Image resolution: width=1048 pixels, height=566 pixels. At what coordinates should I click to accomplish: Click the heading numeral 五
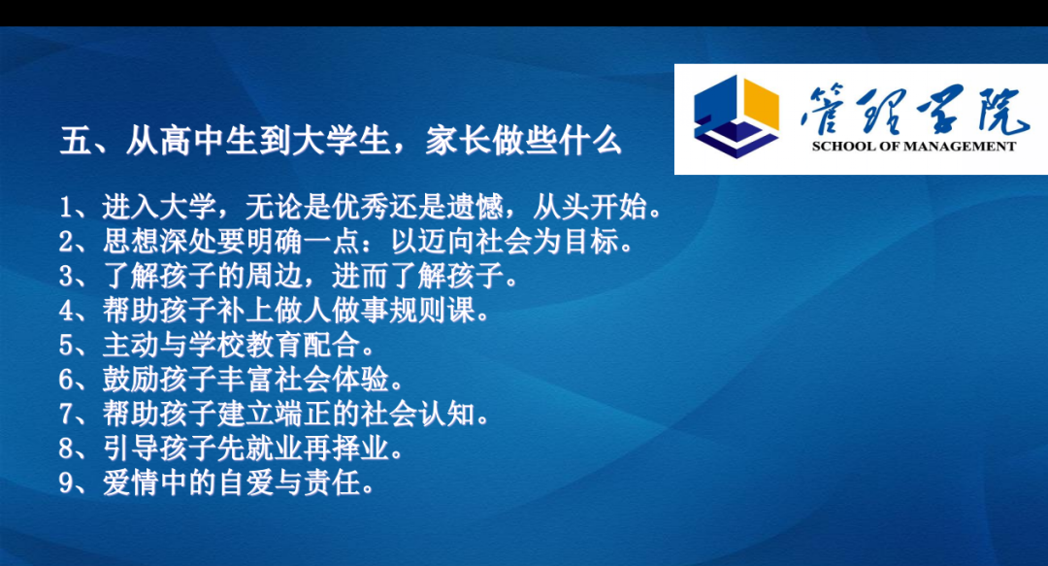pyautogui.click(x=76, y=141)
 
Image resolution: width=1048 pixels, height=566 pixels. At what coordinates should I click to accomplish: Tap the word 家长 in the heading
pyautogui.click(x=458, y=141)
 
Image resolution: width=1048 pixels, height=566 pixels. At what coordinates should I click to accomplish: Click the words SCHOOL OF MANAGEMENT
pyautogui.click(x=914, y=147)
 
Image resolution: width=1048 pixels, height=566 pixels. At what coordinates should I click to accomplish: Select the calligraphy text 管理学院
pyautogui.click(x=914, y=109)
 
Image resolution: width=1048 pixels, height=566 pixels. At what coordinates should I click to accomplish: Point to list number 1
pyautogui.click(x=66, y=208)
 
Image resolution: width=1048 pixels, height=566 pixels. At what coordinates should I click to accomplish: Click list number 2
pyautogui.click(x=66, y=242)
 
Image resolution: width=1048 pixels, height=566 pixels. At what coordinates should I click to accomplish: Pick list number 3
pyautogui.click(x=66, y=277)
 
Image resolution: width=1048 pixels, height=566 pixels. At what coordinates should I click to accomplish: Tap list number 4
pyautogui.click(x=66, y=311)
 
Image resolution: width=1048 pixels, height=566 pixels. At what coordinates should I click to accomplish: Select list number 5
pyautogui.click(x=66, y=346)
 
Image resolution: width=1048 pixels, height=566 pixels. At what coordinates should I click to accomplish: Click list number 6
pyautogui.click(x=66, y=380)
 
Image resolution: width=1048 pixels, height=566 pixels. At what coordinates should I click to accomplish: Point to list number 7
pyautogui.click(x=66, y=415)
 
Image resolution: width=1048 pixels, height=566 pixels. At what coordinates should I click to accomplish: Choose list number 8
pyautogui.click(x=66, y=449)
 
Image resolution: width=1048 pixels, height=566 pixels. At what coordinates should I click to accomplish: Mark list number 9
pyautogui.click(x=66, y=483)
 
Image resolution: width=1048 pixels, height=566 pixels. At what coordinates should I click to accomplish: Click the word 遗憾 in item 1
pyautogui.click(x=475, y=208)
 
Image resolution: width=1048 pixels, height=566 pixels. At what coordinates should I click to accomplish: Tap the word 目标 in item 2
pyautogui.click(x=592, y=242)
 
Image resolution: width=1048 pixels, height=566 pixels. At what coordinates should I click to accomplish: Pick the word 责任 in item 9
pyautogui.click(x=332, y=483)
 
